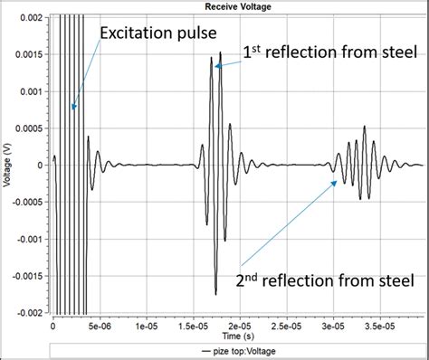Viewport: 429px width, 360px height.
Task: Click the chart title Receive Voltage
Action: click(x=238, y=8)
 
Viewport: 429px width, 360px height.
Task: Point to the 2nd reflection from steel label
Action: click(x=324, y=280)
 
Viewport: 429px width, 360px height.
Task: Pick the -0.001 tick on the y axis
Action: click(x=25, y=239)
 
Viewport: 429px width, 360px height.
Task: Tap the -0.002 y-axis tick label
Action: click(x=25, y=312)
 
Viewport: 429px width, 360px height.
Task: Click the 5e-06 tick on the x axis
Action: click(x=100, y=323)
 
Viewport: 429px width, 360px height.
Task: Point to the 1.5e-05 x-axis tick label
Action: click(x=193, y=323)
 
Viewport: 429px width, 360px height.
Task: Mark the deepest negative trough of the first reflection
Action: click(x=215, y=294)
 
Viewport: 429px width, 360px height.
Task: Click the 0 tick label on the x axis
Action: click(x=53, y=323)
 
